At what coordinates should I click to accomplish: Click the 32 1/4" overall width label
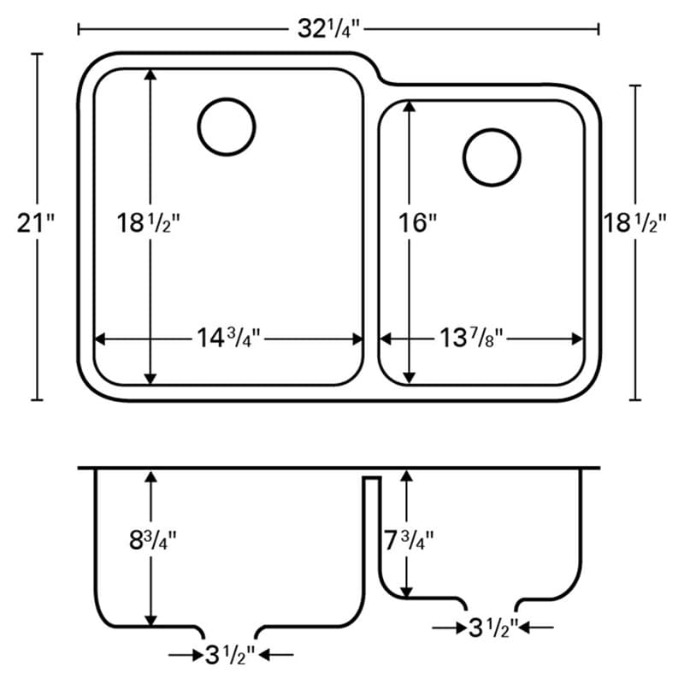point(329,30)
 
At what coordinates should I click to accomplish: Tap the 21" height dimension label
point(36,223)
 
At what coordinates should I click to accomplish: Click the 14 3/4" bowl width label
point(228,338)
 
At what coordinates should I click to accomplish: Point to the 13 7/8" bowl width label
point(471,338)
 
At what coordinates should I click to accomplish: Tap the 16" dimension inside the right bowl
point(418,223)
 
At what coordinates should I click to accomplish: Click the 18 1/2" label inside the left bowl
point(148,223)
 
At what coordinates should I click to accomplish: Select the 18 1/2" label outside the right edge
point(635,223)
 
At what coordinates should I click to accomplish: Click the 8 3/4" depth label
point(153,540)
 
